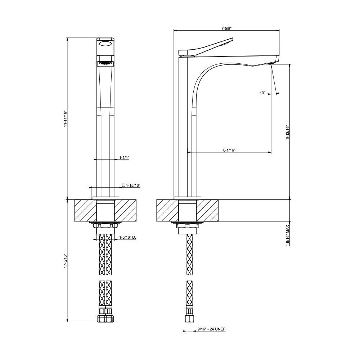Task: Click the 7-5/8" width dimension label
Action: (x=226, y=28)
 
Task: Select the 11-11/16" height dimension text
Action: (x=65, y=118)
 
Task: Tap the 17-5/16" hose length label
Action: (x=65, y=261)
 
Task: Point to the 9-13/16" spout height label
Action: (x=288, y=132)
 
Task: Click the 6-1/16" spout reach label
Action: (x=229, y=150)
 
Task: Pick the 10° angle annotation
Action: (x=262, y=93)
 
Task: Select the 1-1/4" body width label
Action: (x=124, y=158)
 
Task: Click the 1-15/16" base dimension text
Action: (x=133, y=185)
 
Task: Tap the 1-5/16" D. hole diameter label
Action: (x=127, y=237)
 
